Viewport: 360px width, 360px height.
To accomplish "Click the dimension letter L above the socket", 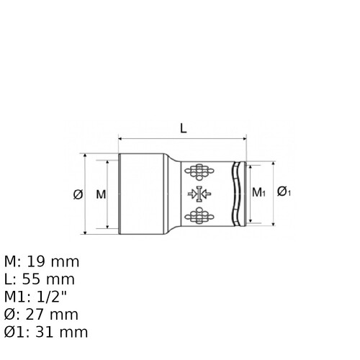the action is point(184,128).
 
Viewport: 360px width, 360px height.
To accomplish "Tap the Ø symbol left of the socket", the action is point(78,194).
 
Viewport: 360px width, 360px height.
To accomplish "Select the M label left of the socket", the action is point(101,194).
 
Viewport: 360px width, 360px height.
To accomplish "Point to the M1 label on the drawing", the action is point(258,192).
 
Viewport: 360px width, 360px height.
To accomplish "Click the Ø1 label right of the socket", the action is point(284,192).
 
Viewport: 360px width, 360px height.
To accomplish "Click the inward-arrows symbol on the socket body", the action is point(199,194).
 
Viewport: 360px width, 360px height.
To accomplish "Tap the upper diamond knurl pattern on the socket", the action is point(199,172).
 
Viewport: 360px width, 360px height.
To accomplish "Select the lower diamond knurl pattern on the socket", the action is point(199,215).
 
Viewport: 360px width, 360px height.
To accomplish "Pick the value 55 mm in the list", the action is point(48,279).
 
